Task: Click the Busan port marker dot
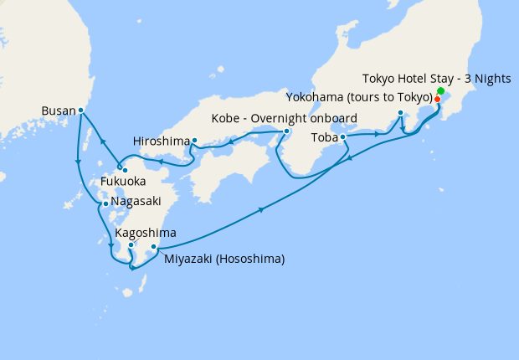click(80, 110)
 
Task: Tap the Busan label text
click(58, 110)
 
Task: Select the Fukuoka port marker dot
click(125, 171)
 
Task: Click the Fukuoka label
click(124, 181)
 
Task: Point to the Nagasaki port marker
click(105, 203)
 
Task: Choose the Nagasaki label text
click(136, 202)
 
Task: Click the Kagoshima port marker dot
click(131, 245)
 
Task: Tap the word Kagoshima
click(146, 232)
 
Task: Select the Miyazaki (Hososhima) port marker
click(153, 247)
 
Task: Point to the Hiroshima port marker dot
click(194, 141)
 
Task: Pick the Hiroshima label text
click(161, 141)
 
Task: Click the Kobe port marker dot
click(286, 131)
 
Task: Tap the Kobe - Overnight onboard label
click(285, 117)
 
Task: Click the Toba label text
click(324, 136)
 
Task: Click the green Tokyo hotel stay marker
click(441, 90)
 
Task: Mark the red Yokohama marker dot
click(438, 99)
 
